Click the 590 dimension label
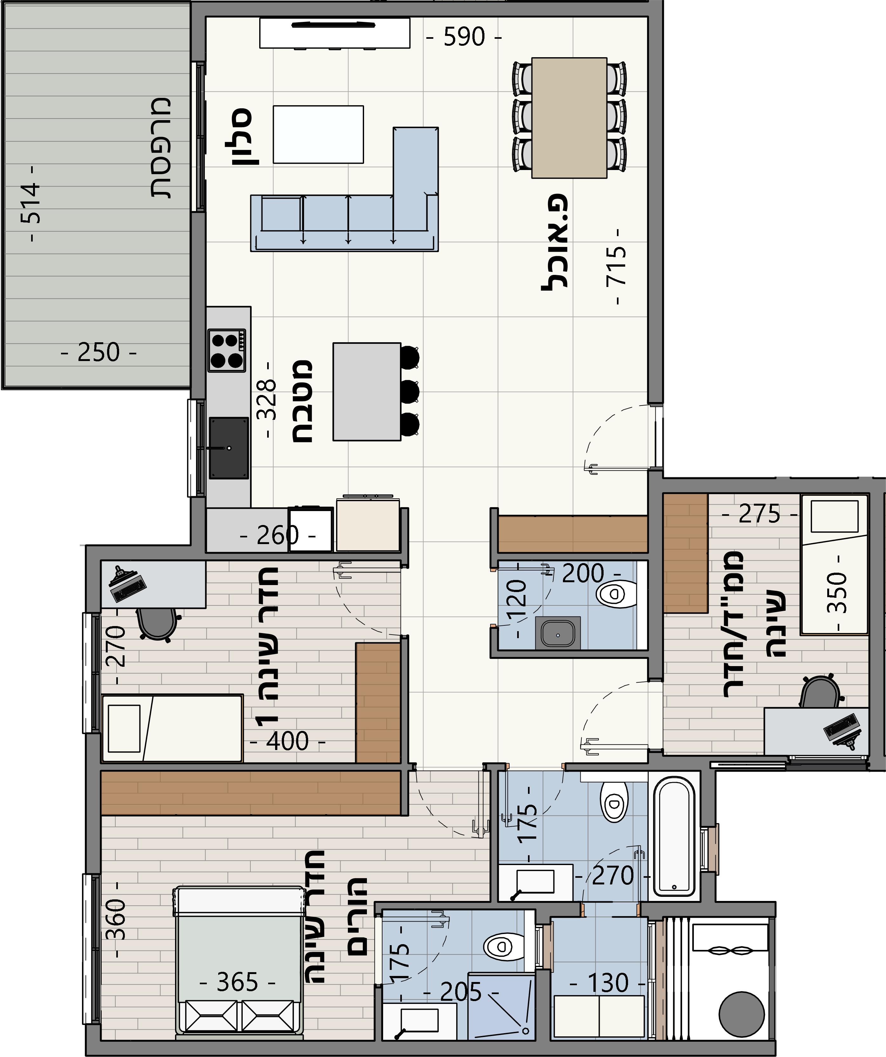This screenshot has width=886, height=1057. pyautogui.click(x=464, y=37)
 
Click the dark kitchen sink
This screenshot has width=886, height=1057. pyautogui.click(x=229, y=447)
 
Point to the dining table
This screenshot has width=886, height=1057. pyautogui.click(x=569, y=118)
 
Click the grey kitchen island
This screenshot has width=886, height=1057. pyautogui.click(x=367, y=392)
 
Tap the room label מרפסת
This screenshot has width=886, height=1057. pyautogui.click(x=161, y=148)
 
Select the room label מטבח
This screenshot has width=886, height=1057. pyautogui.click(x=302, y=401)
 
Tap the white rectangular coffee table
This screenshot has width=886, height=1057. pyautogui.click(x=318, y=134)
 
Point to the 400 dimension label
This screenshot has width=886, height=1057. pyautogui.click(x=287, y=740)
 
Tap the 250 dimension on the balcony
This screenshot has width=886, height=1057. pyautogui.click(x=98, y=352)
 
